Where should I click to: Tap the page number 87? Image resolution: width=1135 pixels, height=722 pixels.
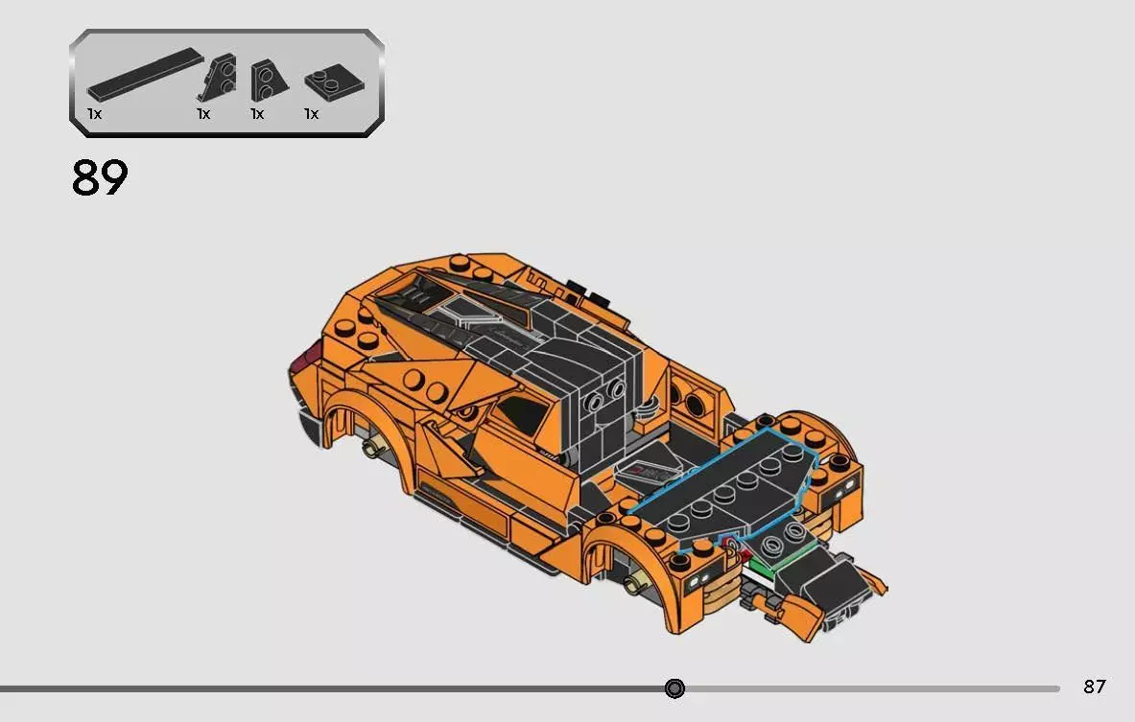coord(1095,687)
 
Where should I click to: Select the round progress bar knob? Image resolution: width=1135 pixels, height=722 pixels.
coord(674,687)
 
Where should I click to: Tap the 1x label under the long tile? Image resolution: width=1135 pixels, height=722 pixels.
coord(94,113)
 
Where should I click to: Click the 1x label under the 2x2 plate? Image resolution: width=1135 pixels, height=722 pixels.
coord(311,113)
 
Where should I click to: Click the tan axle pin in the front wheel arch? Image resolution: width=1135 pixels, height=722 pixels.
coord(633,583)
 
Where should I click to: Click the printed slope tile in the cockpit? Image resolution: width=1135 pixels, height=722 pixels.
coord(650,470)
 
